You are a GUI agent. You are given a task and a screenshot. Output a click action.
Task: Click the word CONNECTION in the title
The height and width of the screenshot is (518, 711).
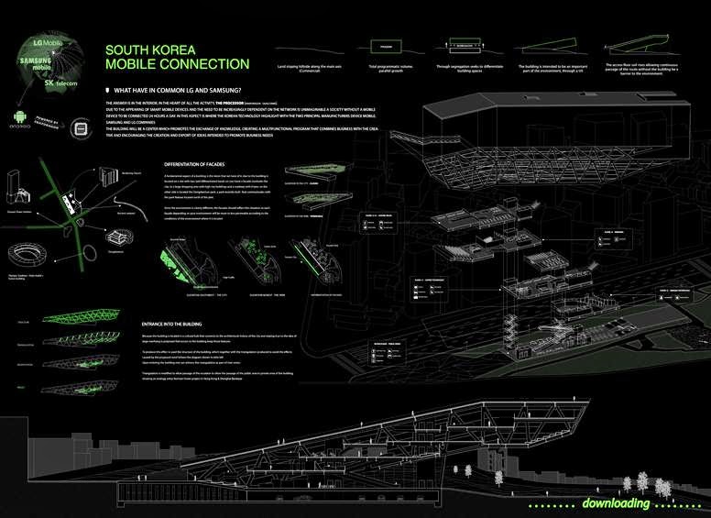205,64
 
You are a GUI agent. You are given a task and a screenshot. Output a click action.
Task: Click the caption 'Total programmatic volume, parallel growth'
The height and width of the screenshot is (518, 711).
386,68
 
